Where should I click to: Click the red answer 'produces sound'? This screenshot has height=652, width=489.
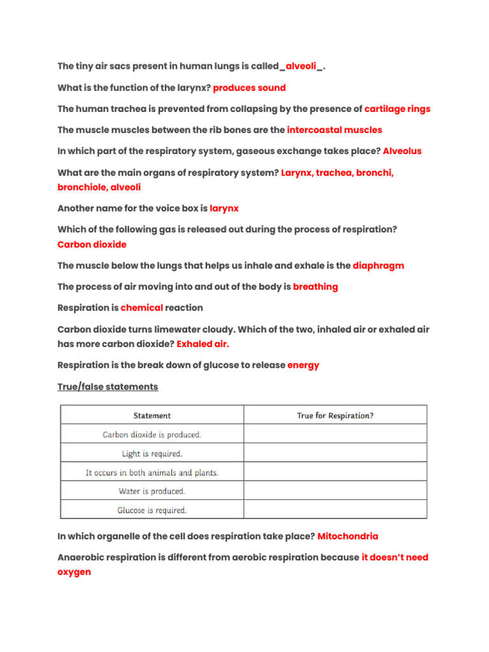click(249, 88)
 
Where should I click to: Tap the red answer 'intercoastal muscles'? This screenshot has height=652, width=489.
click(334, 130)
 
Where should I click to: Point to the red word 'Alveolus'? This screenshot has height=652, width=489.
click(402, 151)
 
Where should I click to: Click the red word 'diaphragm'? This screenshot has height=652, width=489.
click(378, 266)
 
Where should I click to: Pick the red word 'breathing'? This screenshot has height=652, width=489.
click(315, 287)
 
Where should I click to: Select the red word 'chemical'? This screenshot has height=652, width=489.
click(142, 308)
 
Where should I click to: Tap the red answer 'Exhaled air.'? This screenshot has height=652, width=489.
click(202, 344)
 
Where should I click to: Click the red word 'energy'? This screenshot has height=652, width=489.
click(303, 365)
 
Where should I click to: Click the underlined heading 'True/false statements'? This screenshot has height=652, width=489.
click(108, 386)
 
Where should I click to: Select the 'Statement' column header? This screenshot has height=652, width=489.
click(152, 416)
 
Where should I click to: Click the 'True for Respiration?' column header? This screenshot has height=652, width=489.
click(335, 416)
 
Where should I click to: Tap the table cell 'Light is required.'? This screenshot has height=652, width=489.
click(152, 454)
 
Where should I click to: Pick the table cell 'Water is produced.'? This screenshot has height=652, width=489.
click(152, 491)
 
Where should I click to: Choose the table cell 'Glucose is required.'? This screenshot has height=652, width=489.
click(152, 510)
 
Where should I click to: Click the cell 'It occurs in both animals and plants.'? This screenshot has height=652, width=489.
click(152, 472)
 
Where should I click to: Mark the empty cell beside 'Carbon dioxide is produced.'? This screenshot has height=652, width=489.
click(335, 435)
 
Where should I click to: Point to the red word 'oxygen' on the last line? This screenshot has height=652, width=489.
click(74, 572)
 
